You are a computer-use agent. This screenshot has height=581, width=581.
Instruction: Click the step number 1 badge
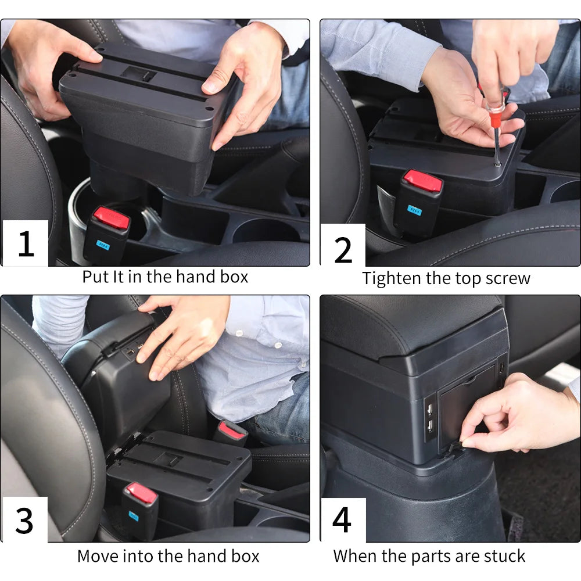coord(25,243)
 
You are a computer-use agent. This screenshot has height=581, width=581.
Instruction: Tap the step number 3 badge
coord(24,520)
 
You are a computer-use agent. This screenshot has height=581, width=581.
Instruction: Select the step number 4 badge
coord(342,519)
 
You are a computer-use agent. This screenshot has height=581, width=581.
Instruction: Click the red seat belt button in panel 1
coord(112,218)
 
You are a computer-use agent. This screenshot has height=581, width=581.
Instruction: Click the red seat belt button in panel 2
coord(423,181)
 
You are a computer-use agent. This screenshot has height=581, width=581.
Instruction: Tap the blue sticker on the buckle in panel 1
coord(104,244)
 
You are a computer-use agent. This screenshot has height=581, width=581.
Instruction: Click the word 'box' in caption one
coord(234,277)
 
